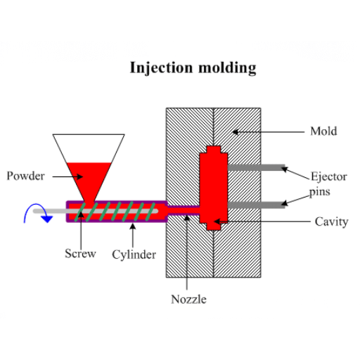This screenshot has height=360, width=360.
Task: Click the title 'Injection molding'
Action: click(193, 68)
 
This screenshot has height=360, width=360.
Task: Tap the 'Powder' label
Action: click(25, 176)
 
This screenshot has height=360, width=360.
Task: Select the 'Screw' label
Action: click(80, 253)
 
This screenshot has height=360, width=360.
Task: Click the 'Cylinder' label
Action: click(134, 254)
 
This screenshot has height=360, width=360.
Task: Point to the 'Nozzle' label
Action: click(188, 299)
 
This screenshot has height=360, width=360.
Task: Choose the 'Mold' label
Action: click(323, 131)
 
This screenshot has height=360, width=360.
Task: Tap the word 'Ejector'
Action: click(329, 176)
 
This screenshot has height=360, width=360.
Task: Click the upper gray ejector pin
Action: click(257, 167)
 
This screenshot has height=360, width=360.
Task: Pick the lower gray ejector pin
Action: click(257, 205)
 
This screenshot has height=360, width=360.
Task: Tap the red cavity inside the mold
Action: click(214, 186)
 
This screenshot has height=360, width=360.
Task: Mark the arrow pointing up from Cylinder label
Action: click(132, 232)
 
